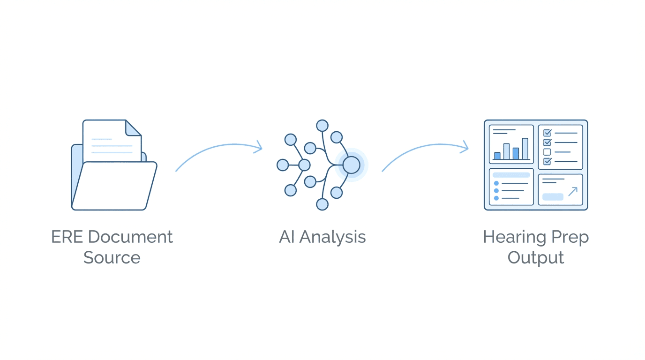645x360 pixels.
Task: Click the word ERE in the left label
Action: [67, 237]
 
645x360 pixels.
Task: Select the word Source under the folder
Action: [112, 257]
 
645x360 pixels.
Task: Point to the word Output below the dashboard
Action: [536, 257]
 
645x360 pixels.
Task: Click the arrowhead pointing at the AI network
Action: [258, 148]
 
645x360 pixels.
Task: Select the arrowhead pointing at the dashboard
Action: [465, 147]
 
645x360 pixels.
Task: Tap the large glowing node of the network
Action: [351, 165]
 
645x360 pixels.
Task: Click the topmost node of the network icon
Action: [322, 125]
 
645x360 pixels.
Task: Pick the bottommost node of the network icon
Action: [322, 204]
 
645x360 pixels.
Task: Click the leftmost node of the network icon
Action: [283, 165]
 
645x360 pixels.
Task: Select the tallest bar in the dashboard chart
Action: [525, 149]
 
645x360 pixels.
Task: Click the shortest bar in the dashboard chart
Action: [497, 156]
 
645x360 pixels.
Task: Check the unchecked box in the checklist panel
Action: [547, 152]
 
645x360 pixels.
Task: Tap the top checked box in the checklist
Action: [547, 133]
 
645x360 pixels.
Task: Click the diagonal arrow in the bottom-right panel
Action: [572, 191]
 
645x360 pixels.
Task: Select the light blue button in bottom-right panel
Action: [553, 197]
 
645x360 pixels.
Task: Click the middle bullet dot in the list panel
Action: [496, 191]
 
